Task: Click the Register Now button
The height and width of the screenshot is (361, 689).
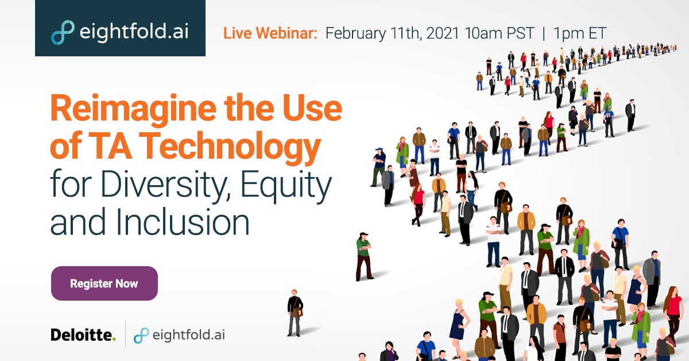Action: pyautogui.click(x=104, y=283)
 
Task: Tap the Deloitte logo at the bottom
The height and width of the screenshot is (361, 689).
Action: pyautogui.click(x=83, y=335)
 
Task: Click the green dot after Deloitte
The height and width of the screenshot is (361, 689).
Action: pyautogui.click(x=114, y=339)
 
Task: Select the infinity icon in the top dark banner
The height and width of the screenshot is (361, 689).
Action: pyautogui.click(x=63, y=32)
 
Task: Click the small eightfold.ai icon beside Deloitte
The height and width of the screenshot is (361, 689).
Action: pyautogui.click(x=141, y=336)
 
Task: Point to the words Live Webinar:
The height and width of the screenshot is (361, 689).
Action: pyautogui.click(x=270, y=33)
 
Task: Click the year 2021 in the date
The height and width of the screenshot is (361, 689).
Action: pyautogui.click(x=443, y=33)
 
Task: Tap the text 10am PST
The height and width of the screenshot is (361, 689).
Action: pyautogui.click(x=500, y=33)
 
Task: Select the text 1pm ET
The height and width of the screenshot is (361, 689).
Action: pyautogui.click(x=580, y=33)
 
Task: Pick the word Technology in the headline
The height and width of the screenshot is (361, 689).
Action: pyautogui.click(x=232, y=147)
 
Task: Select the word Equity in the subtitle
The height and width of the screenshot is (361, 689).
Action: pyautogui.click(x=286, y=186)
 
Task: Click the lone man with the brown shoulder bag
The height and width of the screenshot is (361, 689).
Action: pyautogui.click(x=295, y=313)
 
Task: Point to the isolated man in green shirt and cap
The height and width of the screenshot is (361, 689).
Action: pyautogui.click(x=364, y=256)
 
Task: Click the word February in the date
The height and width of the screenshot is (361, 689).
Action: pyautogui.click(x=355, y=33)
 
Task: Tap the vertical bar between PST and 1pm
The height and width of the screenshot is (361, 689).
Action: pyautogui.click(x=544, y=33)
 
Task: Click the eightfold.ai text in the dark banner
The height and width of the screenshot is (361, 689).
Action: pyautogui.click(x=134, y=32)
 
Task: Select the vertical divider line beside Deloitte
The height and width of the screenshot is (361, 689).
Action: pyautogui.click(x=125, y=334)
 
